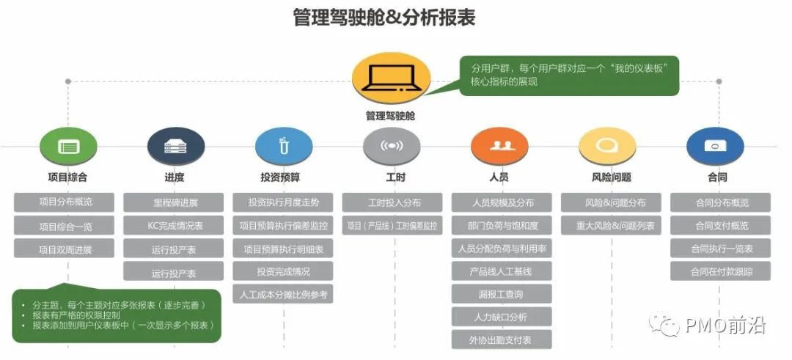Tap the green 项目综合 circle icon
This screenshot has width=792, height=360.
pos(68,146)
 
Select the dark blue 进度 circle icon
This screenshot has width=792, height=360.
pos(175,146)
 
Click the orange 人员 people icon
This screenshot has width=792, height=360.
pos(499,146)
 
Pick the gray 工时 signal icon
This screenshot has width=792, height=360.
pos(392,146)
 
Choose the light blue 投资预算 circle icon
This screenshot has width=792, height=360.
pos(283,146)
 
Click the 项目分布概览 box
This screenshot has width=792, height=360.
pos(66,202)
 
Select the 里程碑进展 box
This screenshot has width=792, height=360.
pos(174,202)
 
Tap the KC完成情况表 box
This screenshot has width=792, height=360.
pos(174,225)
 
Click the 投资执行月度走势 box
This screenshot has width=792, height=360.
pos(283,202)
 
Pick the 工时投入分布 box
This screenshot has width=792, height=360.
pos(392,202)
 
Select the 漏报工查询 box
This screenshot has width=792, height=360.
pos(502,294)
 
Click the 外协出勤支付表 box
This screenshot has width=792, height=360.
pos(502,339)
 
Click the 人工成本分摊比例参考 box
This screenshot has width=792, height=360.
pos(283,294)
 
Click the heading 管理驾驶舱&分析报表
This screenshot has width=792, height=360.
pos(384,17)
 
